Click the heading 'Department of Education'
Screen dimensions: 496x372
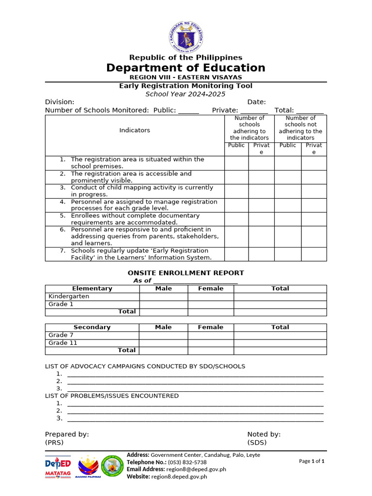coord(186,68)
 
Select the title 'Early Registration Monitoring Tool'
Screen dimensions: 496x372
coord(186,86)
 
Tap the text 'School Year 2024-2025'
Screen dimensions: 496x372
coord(186,94)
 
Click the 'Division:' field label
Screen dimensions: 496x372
coord(60,102)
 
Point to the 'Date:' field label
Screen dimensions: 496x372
coord(257,102)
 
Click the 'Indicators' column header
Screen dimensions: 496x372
coord(135,130)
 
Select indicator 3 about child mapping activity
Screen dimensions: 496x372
coord(141,191)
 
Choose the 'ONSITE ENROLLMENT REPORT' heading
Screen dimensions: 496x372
coord(186,273)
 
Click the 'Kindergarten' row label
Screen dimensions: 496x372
coord(69,296)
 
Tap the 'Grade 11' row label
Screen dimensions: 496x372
coord(63,343)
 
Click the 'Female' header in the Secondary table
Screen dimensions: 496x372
coord(211,327)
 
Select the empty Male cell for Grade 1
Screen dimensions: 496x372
coord(163,304)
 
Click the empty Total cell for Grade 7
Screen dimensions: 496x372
coord(280,335)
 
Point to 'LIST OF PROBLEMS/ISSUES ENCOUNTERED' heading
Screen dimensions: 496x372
coord(112,396)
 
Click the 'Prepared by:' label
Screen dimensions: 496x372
coord(67,434)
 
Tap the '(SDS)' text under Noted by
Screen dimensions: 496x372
coord(257,442)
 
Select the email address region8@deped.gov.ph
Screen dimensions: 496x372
coord(196,469)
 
